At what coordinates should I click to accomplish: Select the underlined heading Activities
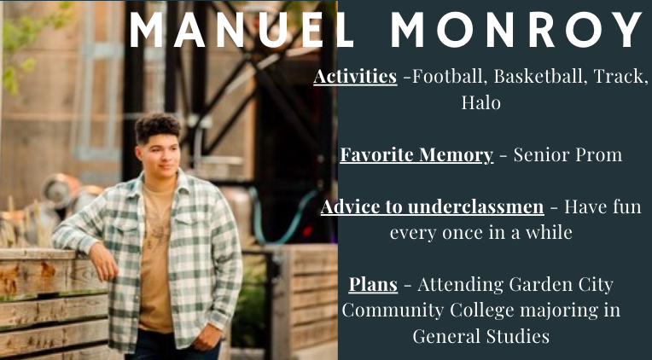pyautogui.click(x=355, y=77)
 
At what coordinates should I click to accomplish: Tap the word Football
pyautogui.click(x=442, y=77)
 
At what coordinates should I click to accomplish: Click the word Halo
pyautogui.click(x=480, y=103)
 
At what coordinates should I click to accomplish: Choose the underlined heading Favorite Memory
pyautogui.click(x=416, y=155)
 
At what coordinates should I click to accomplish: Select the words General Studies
pyautogui.click(x=480, y=336)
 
